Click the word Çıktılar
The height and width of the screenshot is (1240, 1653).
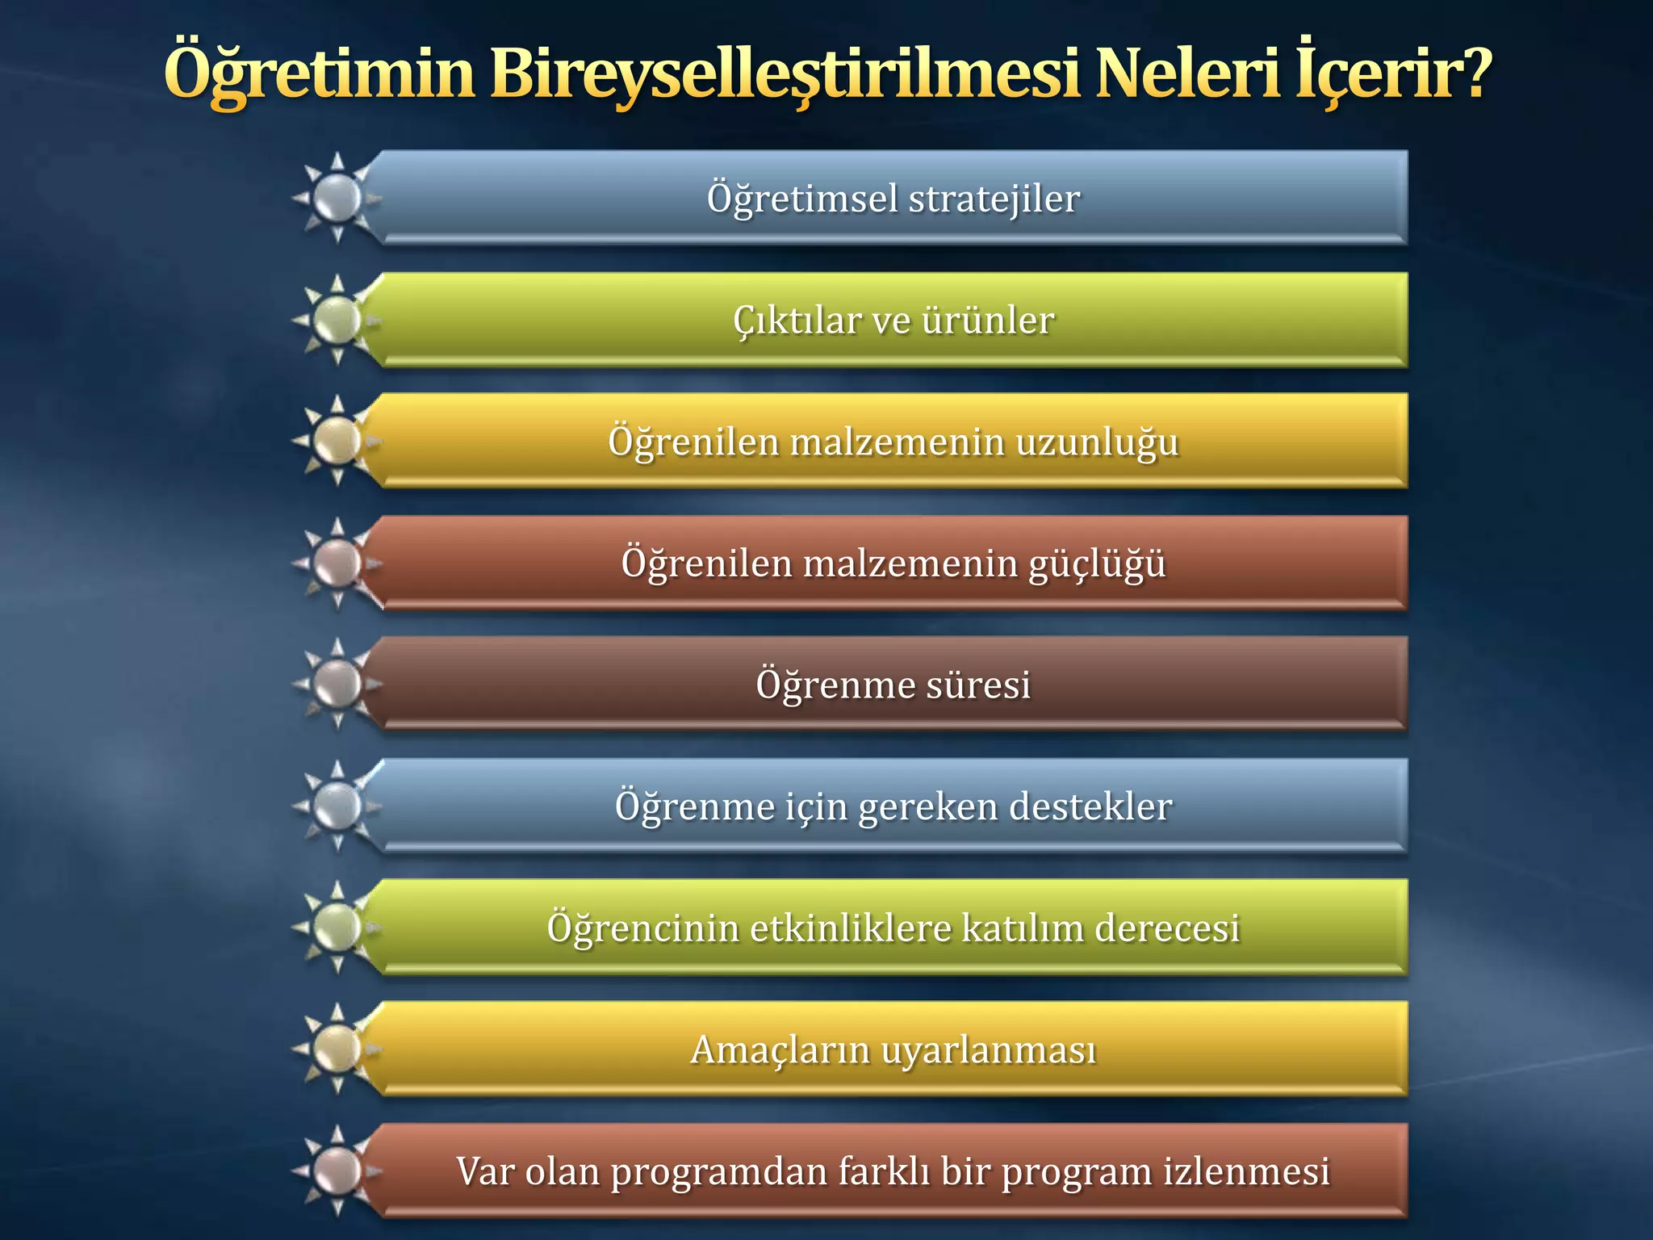click(797, 320)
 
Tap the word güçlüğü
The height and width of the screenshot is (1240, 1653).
click(1097, 563)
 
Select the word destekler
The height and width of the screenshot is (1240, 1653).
click(1090, 806)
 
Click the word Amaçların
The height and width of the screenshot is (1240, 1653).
click(779, 1050)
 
